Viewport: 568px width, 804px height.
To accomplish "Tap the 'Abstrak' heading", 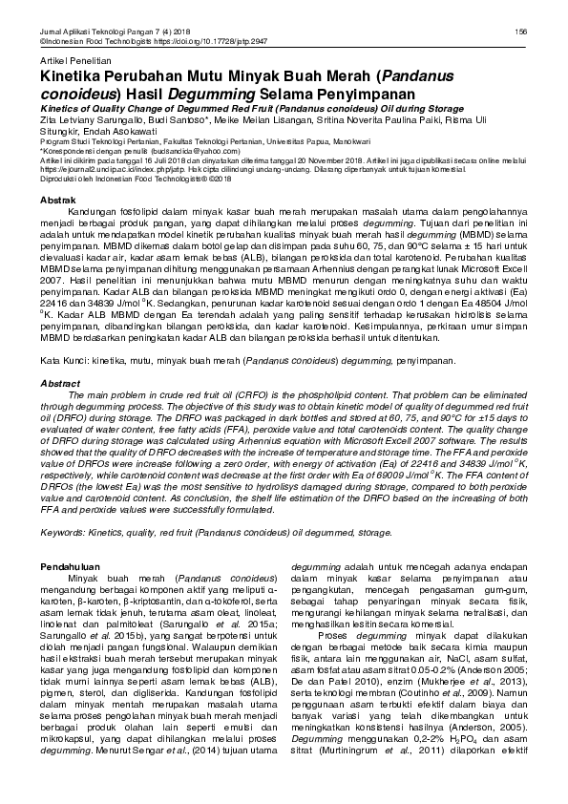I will point(56,198).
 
